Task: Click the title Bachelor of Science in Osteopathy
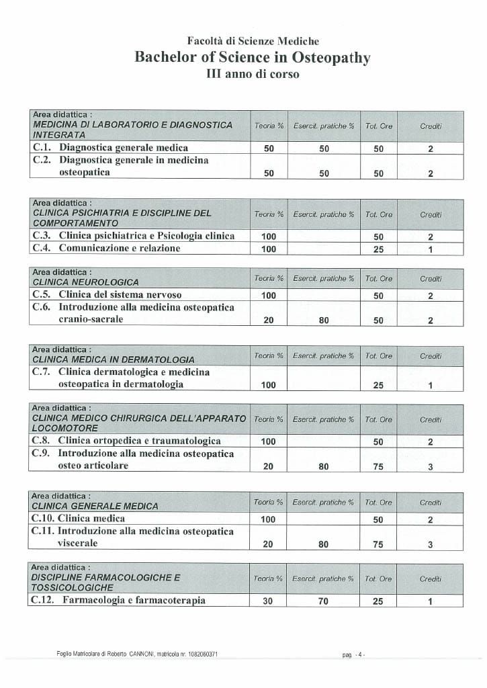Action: [x=253, y=57]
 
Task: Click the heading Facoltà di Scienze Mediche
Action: [x=253, y=41]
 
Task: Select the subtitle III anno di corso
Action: [x=253, y=74]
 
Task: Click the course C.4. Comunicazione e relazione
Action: [x=107, y=249]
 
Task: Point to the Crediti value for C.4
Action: [x=430, y=249]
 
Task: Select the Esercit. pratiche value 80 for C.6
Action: [x=324, y=320]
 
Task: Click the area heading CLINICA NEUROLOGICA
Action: [x=86, y=282]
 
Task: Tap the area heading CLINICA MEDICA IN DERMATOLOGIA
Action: [x=114, y=359]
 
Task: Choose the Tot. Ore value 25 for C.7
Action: [x=378, y=385]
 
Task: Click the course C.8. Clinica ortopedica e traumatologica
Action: [x=126, y=441]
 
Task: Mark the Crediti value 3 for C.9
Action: [x=430, y=467]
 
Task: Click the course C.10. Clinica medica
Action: [x=79, y=519]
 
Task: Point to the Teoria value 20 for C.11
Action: [x=268, y=545]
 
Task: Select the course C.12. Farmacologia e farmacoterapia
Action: [x=118, y=601]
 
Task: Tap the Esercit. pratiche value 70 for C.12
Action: [x=323, y=601]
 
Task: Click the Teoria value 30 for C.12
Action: [x=268, y=601]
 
